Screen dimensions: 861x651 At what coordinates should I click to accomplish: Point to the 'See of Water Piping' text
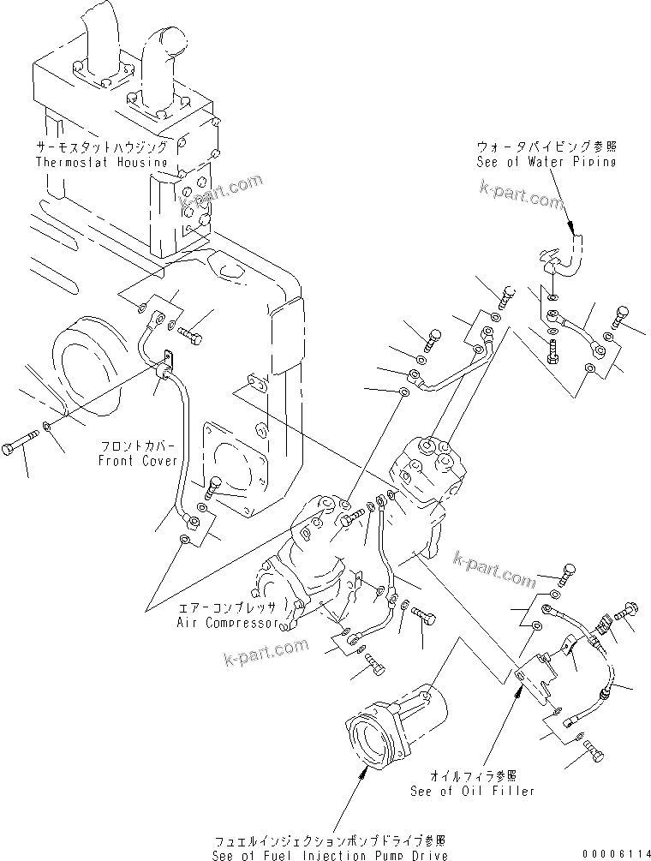tap(546, 162)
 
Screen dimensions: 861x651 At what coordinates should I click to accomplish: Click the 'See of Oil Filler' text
tap(485, 791)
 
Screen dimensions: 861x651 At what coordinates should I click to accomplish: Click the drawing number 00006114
tap(612, 854)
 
